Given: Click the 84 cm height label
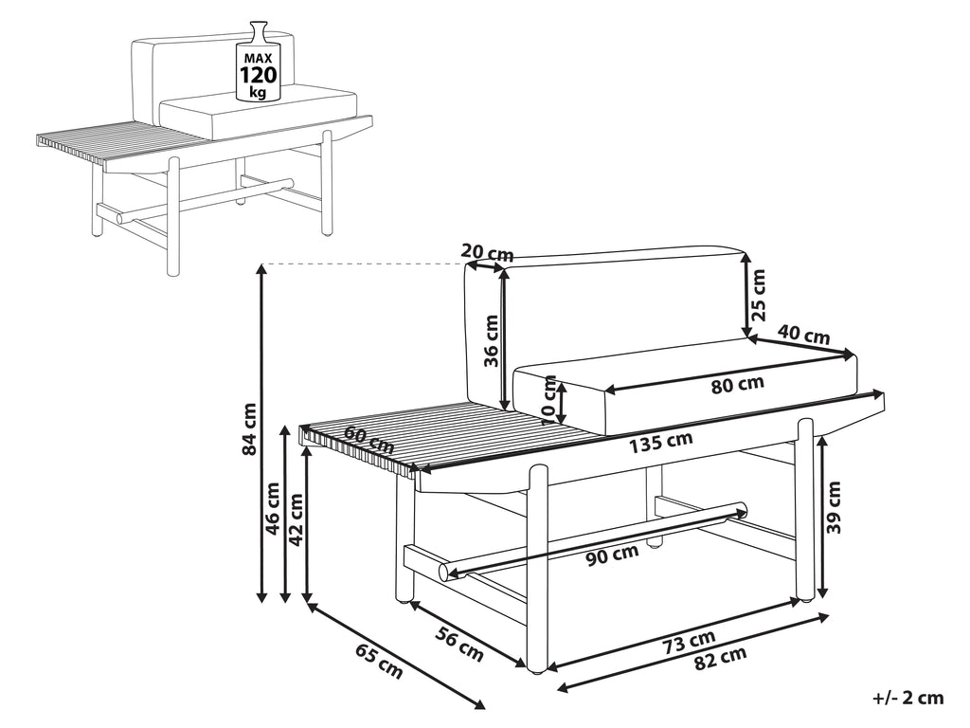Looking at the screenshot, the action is click(249, 429).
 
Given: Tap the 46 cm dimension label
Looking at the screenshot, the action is click(272, 509).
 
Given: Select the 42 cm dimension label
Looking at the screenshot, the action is click(296, 519).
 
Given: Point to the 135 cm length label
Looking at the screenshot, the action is click(660, 442).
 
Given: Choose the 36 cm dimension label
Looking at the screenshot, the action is click(491, 341).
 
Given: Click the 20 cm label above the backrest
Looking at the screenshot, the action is click(488, 252).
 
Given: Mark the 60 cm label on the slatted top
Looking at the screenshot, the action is click(369, 440).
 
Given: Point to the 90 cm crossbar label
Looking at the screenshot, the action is click(612, 555).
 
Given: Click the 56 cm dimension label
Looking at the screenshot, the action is click(459, 644).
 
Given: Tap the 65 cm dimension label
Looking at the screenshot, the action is click(379, 662).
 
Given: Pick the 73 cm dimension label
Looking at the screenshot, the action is click(689, 642).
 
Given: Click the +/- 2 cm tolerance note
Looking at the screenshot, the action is click(908, 699).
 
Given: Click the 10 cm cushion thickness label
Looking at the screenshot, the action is click(549, 400).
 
